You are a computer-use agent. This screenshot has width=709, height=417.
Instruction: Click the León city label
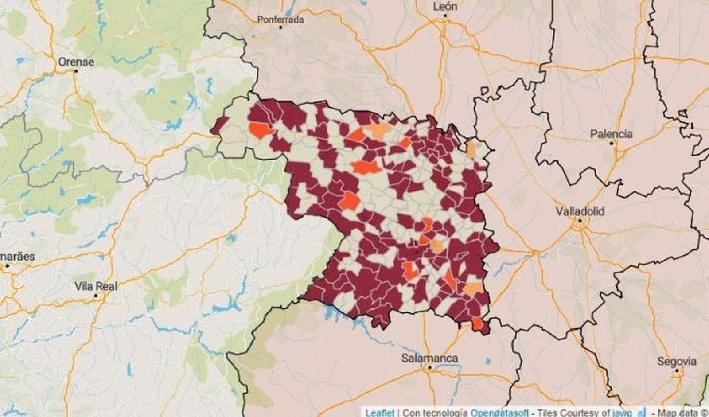click(445, 6)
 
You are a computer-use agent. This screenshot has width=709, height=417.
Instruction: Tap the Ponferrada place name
click(280, 19)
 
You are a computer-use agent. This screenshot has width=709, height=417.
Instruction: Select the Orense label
click(76, 62)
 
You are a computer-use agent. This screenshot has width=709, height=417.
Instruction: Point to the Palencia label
click(611, 133)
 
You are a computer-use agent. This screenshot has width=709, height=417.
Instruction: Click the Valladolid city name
click(580, 211)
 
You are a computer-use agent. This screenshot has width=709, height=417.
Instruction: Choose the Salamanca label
click(429, 358)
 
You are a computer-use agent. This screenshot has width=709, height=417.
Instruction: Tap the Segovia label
click(677, 361)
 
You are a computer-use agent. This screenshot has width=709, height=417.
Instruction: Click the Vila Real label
click(96, 286)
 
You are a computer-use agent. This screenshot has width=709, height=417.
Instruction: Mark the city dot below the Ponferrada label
click(280, 27)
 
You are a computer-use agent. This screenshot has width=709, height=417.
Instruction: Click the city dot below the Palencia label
click(612, 143)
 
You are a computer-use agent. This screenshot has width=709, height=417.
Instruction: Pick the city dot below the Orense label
click(76, 70)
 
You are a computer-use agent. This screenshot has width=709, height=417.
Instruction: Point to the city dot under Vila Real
click(96, 295)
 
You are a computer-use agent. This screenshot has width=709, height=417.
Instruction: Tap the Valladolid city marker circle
click(579, 220)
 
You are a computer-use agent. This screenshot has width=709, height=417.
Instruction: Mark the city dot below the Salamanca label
click(429, 367)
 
